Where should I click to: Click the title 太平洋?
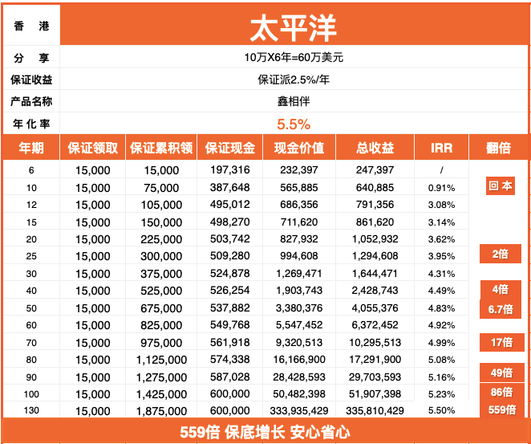pyautogui.click(x=294, y=26)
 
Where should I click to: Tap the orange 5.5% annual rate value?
pyautogui.click(x=294, y=124)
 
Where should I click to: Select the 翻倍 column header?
pyautogui.click(x=498, y=148)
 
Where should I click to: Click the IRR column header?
pyautogui.click(x=441, y=148)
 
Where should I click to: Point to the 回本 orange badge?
pyautogui.click(x=501, y=186)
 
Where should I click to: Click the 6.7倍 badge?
pyautogui.click(x=501, y=309)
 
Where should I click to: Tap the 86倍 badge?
pyautogui.click(x=501, y=392)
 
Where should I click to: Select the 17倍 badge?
pyautogui.click(x=501, y=342)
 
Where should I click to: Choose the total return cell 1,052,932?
pyautogui.click(x=375, y=238)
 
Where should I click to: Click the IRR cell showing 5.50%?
pyautogui.click(x=441, y=411)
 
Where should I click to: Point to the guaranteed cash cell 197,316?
pyautogui.click(x=230, y=170)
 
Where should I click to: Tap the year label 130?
pyautogui.click(x=30, y=411)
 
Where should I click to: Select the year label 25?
pyautogui.click(x=30, y=256)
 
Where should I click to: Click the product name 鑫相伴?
pyautogui.click(x=294, y=101)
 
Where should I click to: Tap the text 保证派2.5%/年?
pyautogui.click(x=294, y=79)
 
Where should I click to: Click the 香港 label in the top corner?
pyautogui.click(x=30, y=26)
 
